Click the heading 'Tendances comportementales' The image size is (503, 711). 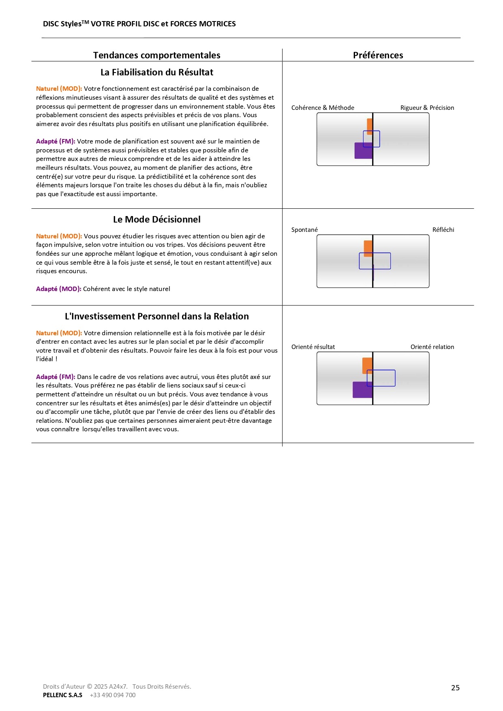pos(156,55)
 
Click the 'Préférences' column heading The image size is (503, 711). pos(378,55)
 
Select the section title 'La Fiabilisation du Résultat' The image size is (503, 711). pos(156,72)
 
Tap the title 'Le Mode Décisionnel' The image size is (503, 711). pos(156,219)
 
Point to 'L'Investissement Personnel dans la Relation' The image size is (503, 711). pos(156,316)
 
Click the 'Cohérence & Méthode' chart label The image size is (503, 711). pos(323,107)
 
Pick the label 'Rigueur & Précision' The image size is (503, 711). pos(427,107)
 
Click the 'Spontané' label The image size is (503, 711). pos(304,229)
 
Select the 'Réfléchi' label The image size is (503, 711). pos(443,229)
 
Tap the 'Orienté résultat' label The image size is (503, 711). pos(313,347)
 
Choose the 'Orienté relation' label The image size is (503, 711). pos(432,347)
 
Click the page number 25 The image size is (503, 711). pos(455,687)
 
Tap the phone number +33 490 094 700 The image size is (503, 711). pos(113,695)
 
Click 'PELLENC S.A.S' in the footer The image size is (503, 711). pos(62,695)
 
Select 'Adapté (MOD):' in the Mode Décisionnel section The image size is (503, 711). pos(58,289)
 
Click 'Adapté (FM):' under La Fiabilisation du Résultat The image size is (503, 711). pos(56,141)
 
